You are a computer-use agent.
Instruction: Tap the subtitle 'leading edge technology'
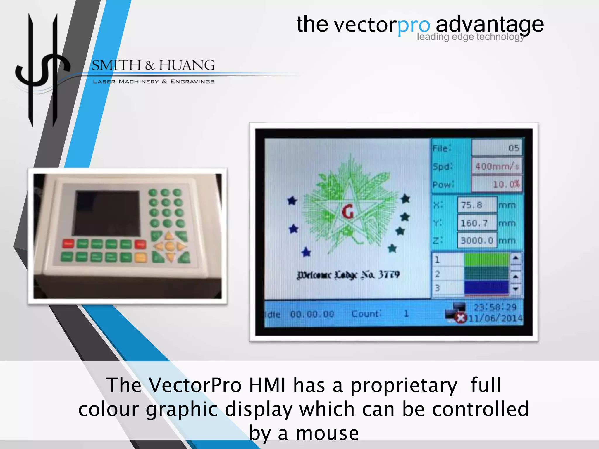pyautogui.click(x=470, y=37)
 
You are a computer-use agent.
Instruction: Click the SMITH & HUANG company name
pyautogui.click(x=153, y=65)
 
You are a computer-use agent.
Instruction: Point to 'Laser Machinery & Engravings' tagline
pyautogui.click(x=154, y=82)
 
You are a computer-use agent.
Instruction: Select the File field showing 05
pyautogui.click(x=497, y=148)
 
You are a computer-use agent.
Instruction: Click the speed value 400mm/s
pyautogui.click(x=497, y=166)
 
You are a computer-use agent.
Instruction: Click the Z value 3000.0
pyautogui.click(x=477, y=241)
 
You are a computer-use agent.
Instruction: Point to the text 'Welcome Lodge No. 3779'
pyautogui.click(x=348, y=275)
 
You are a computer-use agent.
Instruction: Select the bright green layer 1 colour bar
pyautogui.click(x=486, y=259)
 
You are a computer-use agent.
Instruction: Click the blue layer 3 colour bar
pyautogui.click(x=486, y=287)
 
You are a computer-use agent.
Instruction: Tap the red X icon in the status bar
pyautogui.click(x=461, y=318)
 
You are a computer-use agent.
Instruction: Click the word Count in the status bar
pyautogui.click(x=366, y=314)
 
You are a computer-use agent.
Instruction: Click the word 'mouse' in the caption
pyautogui.click(x=327, y=433)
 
